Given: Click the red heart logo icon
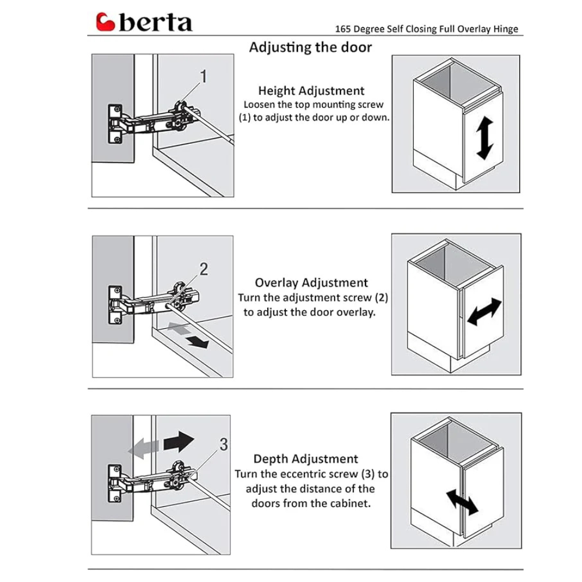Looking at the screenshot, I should click(x=107, y=23).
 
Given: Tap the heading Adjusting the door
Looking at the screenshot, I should click(x=310, y=47).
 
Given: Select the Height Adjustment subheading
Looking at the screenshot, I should click(x=311, y=91).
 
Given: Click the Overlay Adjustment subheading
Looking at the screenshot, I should click(x=311, y=283).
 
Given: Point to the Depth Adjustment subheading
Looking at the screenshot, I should click(x=306, y=459).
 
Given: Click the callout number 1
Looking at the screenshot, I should click(x=204, y=76).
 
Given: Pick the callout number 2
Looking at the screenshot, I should click(x=204, y=269).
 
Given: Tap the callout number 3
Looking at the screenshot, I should click(x=223, y=445).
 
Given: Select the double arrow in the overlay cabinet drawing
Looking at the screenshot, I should click(x=484, y=312).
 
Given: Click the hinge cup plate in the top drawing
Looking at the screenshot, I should click(x=115, y=123).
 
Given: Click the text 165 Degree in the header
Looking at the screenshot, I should click(x=359, y=29).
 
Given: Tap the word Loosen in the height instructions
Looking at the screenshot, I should click(x=260, y=105).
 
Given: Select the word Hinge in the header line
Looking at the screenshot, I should click(x=505, y=29).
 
